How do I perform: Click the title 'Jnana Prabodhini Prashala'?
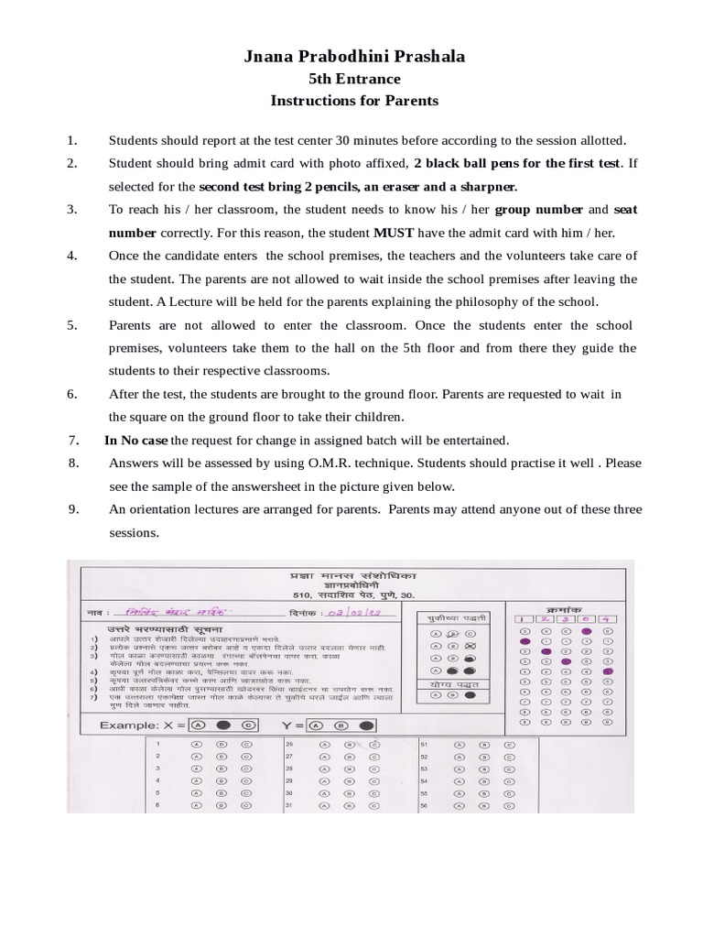click(x=354, y=57)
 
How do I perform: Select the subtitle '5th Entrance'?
click(x=354, y=80)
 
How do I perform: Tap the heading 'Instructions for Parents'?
click(x=354, y=101)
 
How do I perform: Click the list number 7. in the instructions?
click(x=74, y=441)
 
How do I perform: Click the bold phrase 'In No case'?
click(x=135, y=441)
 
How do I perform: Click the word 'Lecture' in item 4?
click(x=218, y=302)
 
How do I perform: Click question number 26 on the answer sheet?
click(x=289, y=745)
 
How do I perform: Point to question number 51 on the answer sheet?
click(x=424, y=745)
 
